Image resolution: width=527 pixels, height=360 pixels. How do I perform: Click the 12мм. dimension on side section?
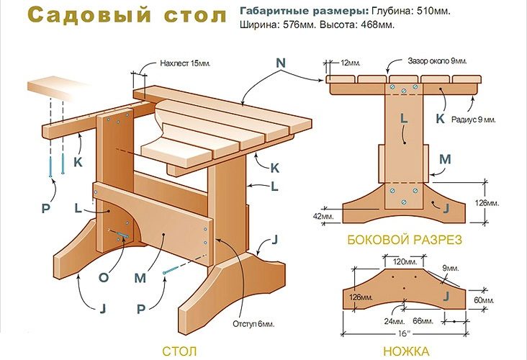tap(351, 63)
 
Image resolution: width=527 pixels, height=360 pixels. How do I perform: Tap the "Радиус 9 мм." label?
tap(472, 120)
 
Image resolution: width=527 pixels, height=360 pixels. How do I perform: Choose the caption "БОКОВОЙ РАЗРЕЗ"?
tap(405, 239)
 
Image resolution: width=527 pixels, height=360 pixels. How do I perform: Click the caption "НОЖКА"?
tap(407, 351)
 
